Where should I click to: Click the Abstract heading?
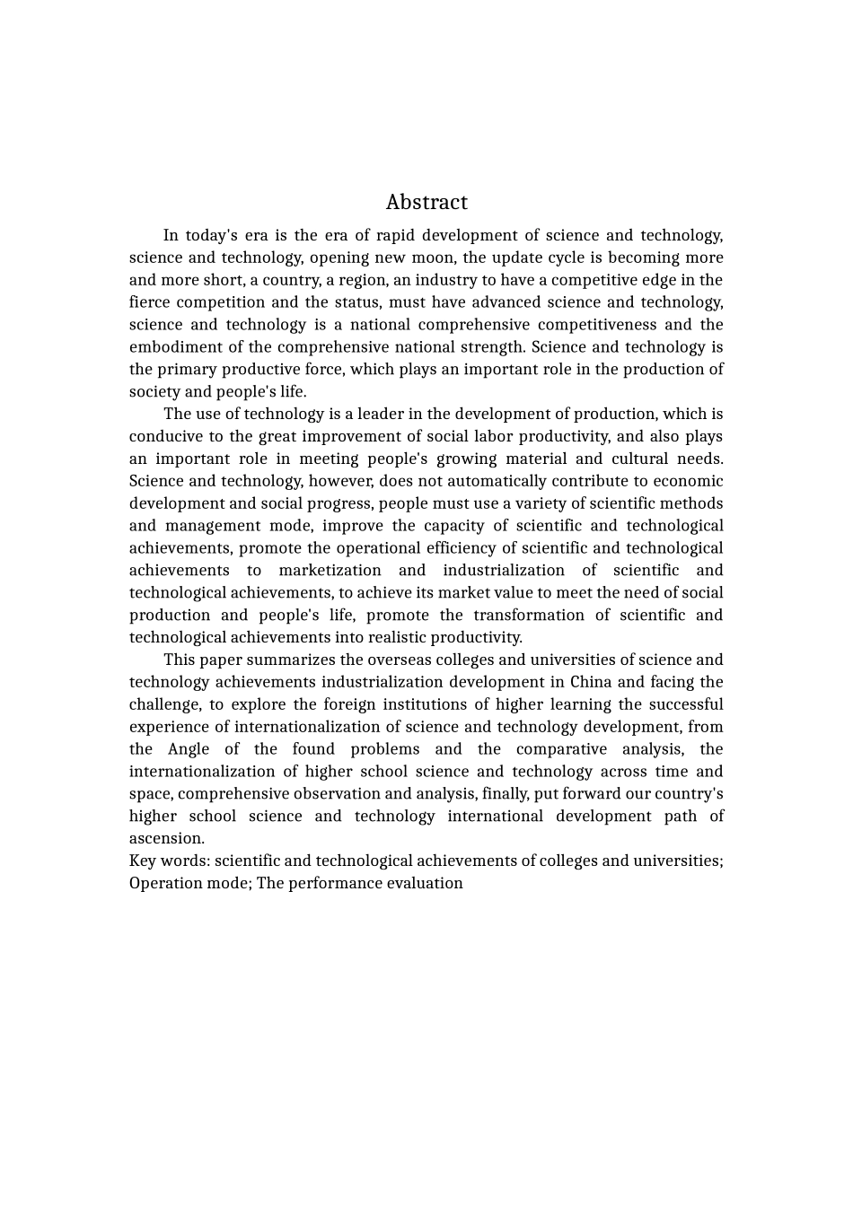[x=426, y=202]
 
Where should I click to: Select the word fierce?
[x=149, y=302]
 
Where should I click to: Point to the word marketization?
[x=330, y=571]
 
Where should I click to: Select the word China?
[x=591, y=682]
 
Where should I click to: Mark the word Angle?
[x=189, y=749]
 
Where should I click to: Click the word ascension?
[x=166, y=839]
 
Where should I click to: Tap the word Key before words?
[x=143, y=861]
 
